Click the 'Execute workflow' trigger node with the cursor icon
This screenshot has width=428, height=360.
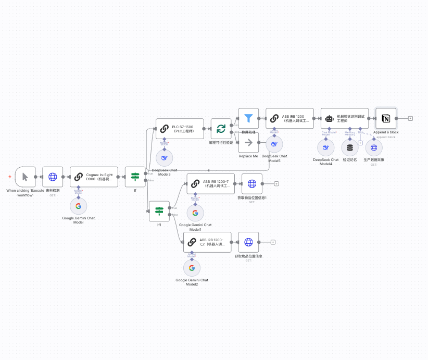tap(25, 177)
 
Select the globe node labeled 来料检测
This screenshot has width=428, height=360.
tap(53, 177)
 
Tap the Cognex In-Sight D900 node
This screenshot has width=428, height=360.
tap(94, 177)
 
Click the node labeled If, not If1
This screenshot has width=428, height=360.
tap(135, 177)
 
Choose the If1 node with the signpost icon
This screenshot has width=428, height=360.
tap(159, 211)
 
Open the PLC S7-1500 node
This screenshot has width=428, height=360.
tap(180, 128)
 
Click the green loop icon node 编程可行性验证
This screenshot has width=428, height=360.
tap(221, 128)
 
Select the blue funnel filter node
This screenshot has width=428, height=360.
tap(248, 118)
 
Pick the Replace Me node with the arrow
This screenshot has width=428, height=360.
tap(248, 142)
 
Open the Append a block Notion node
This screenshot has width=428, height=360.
tap(386, 118)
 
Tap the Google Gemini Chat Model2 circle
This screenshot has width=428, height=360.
tap(192, 268)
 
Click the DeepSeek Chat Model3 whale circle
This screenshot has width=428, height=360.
tap(165, 158)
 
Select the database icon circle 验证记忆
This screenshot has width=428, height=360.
tap(349, 147)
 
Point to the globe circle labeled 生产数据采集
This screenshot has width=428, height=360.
tap(373, 147)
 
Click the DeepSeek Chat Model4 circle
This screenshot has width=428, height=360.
tap(326, 147)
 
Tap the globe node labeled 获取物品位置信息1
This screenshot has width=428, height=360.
tap(252, 184)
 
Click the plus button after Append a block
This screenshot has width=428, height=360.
tap(410, 118)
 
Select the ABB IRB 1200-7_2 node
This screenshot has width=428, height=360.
tap(207, 242)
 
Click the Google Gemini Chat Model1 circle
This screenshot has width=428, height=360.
tap(195, 213)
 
